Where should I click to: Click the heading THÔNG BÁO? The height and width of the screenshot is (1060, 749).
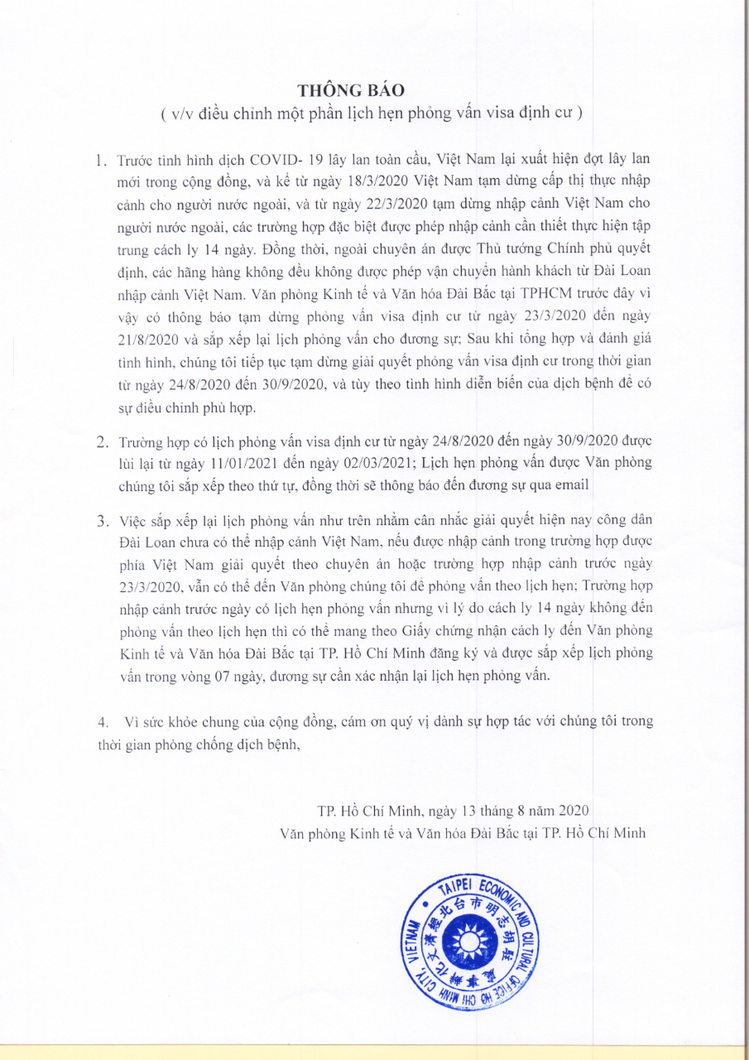(x=374, y=89)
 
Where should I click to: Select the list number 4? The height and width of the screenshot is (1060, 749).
(x=102, y=721)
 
